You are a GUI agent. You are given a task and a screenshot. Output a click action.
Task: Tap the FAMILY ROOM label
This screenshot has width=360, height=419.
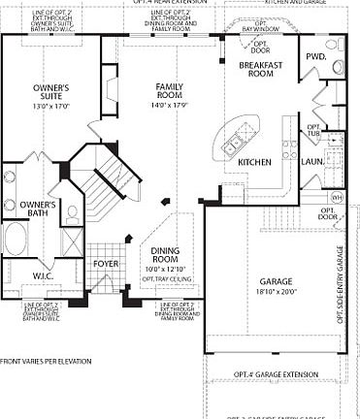(170, 90)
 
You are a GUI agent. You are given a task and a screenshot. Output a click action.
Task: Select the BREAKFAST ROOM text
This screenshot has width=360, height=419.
(259, 70)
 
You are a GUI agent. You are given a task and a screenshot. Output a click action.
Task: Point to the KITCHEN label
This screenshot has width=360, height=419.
(254, 162)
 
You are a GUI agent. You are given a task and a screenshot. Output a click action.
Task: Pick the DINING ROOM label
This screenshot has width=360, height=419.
(168, 255)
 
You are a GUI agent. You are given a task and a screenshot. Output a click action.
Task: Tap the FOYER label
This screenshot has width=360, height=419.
(106, 264)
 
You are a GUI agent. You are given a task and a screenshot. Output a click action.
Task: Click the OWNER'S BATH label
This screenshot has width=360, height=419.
(38, 209)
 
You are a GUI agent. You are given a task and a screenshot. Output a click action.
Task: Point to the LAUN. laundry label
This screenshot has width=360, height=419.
(312, 162)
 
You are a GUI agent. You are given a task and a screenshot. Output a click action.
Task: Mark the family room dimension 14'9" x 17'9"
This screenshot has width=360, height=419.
(170, 105)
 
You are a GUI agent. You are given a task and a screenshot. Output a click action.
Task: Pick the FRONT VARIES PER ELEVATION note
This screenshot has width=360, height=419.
(46, 361)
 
